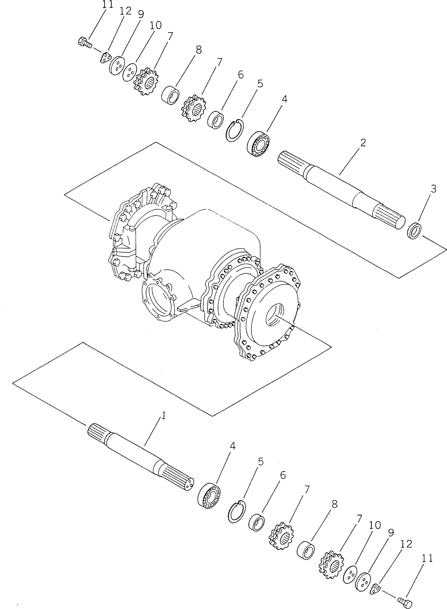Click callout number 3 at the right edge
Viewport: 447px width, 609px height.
coord(433,189)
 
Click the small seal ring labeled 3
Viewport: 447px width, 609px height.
coord(414,230)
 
